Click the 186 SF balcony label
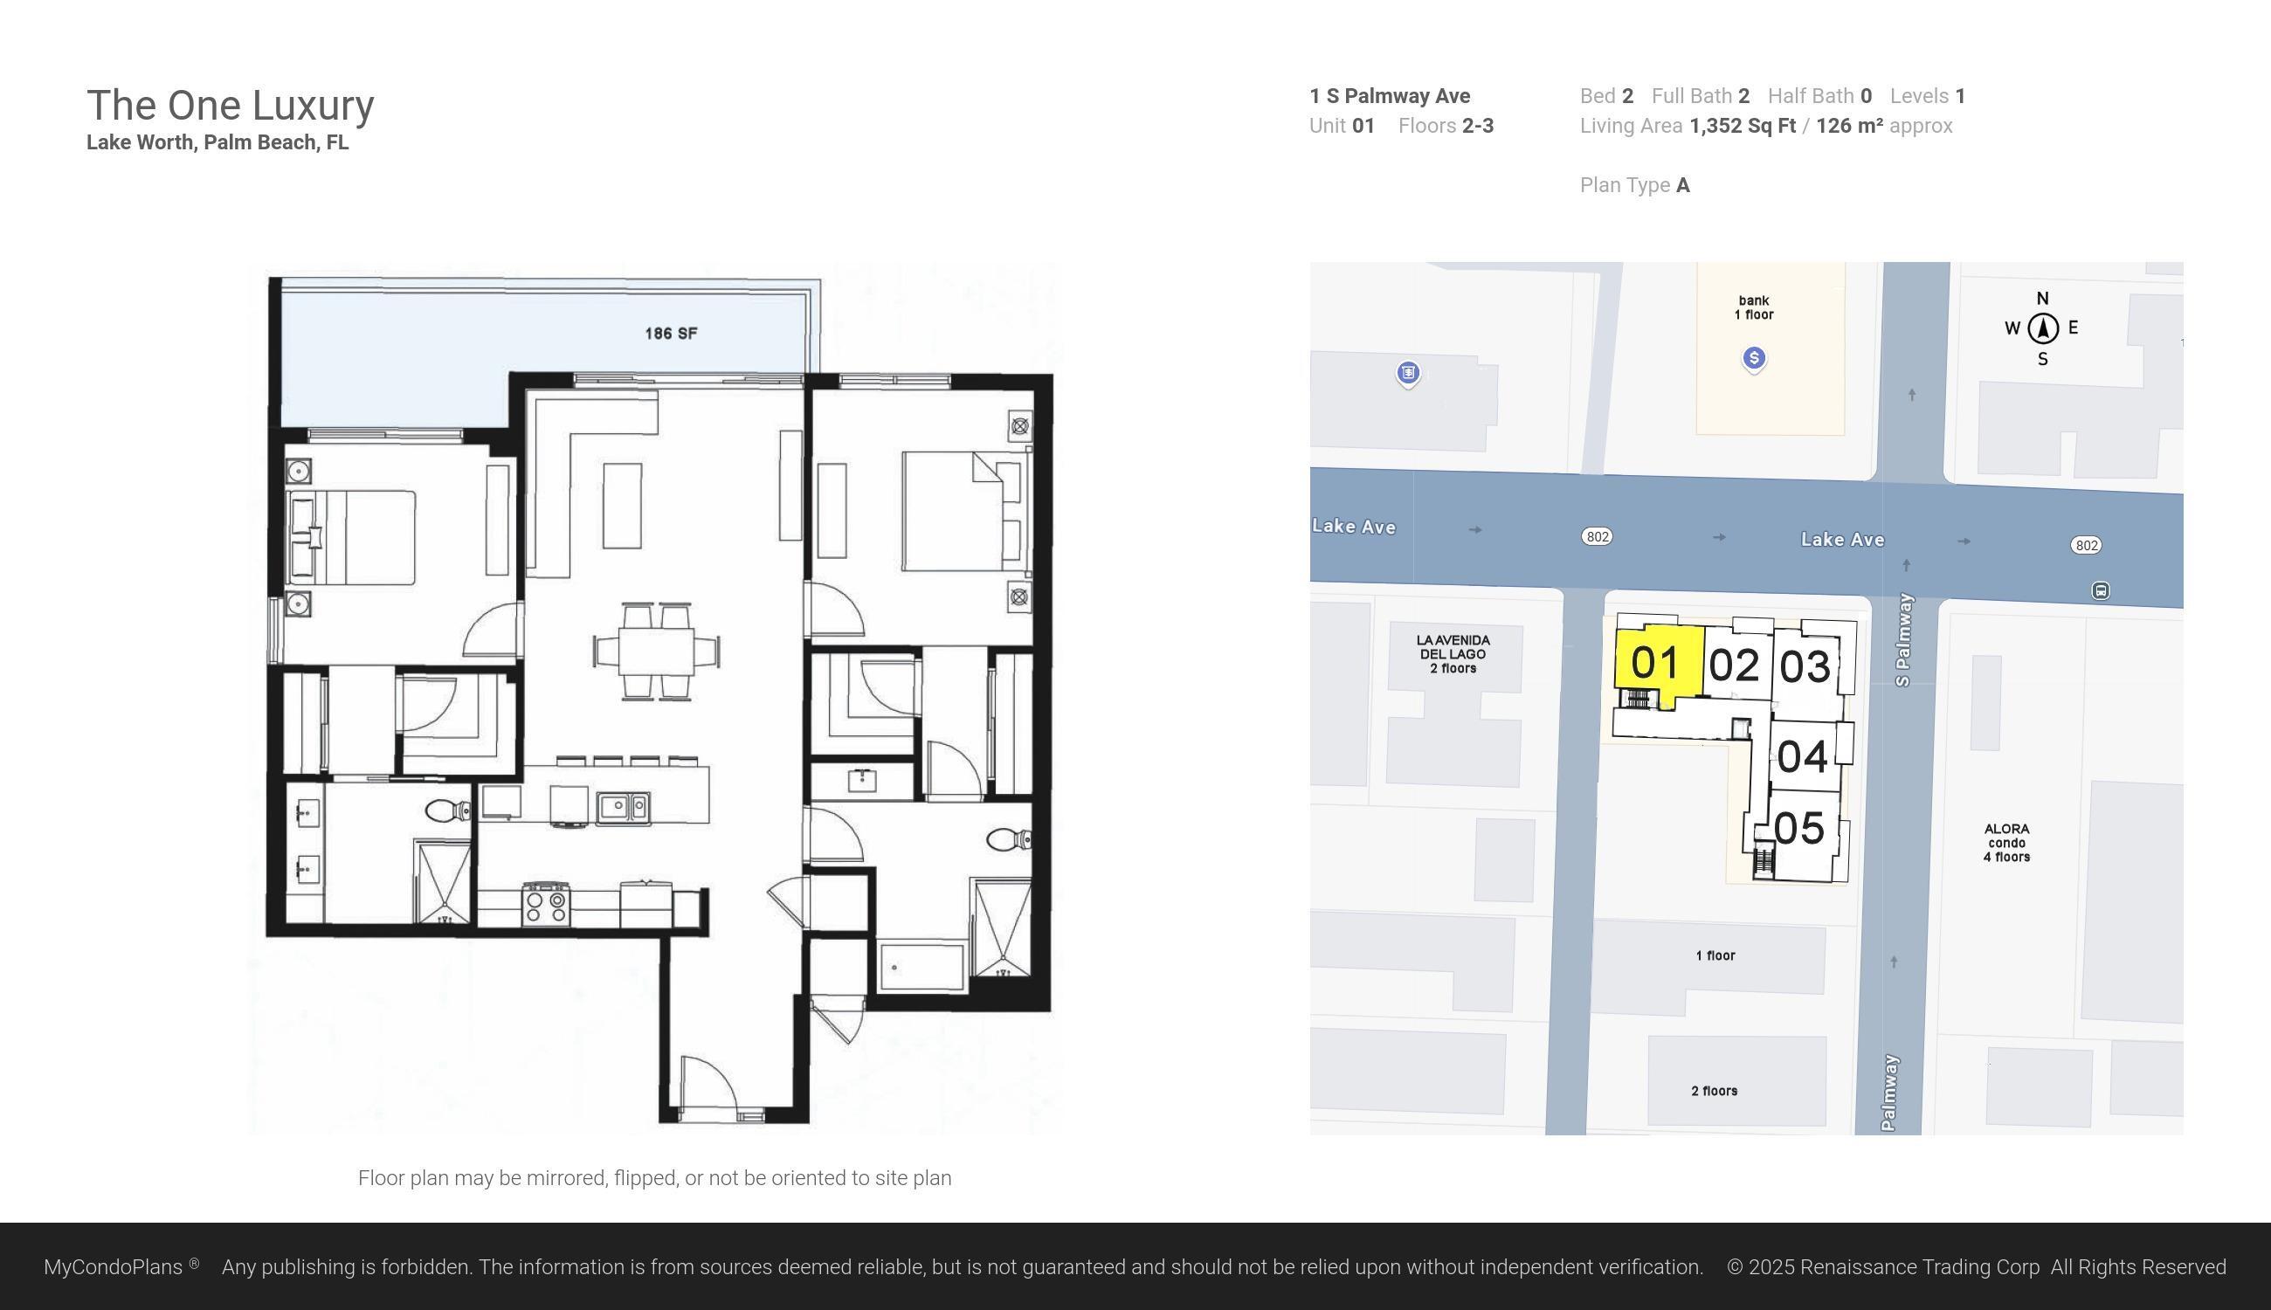click(x=670, y=333)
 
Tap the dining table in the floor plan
click(x=656, y=650)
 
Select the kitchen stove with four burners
click(x=546, y=904)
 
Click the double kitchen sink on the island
click(x=624, y=806)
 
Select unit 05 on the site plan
click(x=1798, y=829)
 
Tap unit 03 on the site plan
click(x=1804, y=666)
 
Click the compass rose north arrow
click(x=2043, y=327)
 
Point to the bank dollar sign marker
click(x=1754, y=358)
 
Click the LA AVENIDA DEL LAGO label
click(x=1453, y=654)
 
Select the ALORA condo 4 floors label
click(x=2005, y=842)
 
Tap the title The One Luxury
click(x=231, y=106)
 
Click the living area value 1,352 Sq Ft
click(x=1742, y=126)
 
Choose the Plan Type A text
click(x=1634, y=185)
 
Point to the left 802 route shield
click(x=1596, y=537)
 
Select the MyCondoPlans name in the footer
click(x=114, y=1267)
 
